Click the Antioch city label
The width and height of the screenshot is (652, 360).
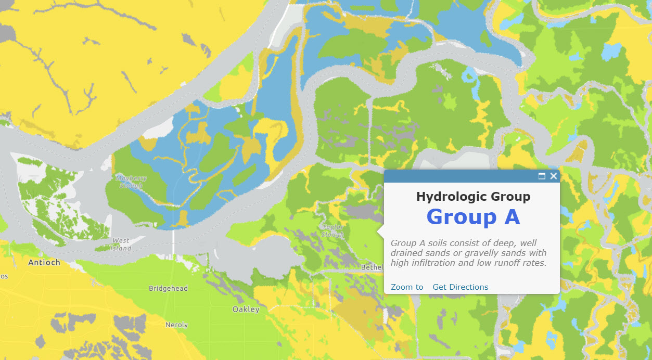(x=44, y=262)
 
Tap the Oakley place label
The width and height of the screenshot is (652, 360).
(x=246, y=309)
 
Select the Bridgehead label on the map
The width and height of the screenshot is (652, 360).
(x=168, y=288)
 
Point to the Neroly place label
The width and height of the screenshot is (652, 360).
(x=176, y=325)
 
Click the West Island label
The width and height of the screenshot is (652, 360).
(x=121, y=244)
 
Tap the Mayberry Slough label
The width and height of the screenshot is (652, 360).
(x=131, y=182)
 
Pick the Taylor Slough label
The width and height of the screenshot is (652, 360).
(x=333, y=230)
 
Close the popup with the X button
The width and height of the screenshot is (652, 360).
(x=553, y=176)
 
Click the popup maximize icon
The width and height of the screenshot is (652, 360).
(x=542, y=176)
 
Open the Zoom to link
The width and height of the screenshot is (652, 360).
(x=407, y=287)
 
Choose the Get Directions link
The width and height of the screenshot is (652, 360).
(x=461, y=287)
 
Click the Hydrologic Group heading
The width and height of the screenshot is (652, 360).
(x=473, y=197)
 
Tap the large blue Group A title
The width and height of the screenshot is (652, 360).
(x=473, y=217)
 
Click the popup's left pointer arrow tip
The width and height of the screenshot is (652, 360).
(x=378, y=231)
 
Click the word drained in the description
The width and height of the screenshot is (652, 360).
(x=406, y=253)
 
